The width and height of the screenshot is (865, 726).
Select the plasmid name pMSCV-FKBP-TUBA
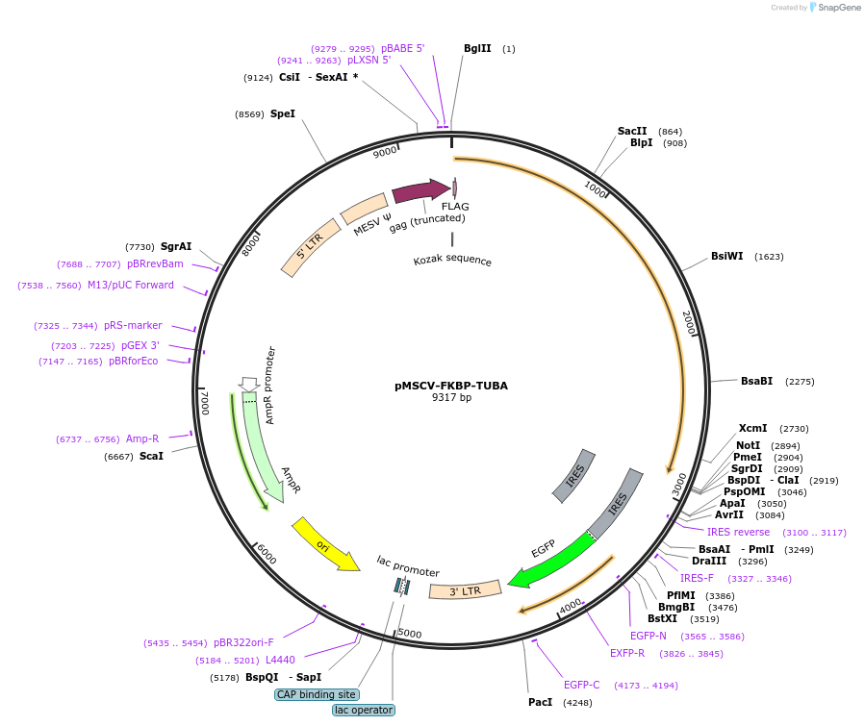point(451,386)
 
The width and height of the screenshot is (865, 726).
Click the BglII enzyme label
point(477,48)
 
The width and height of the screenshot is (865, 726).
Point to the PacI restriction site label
point(541,702)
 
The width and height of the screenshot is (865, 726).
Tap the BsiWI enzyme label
point(727,257)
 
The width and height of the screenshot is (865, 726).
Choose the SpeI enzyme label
point(283,113)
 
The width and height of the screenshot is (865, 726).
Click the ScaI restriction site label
point(151,456)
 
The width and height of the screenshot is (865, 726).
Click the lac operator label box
point(364,710)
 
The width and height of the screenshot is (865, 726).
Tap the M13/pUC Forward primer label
point(131,285)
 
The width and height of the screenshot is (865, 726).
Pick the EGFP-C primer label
point(582,685)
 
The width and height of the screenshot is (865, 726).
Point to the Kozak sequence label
point(452,261)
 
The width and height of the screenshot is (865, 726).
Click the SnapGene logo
point(833,8)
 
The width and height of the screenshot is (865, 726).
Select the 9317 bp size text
point(451,397)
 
